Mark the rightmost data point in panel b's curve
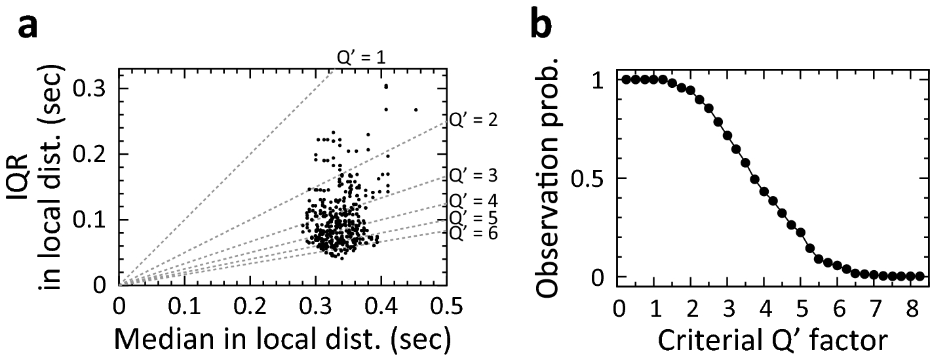click(920, 276)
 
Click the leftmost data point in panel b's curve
click(625, 79)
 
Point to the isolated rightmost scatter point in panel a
click(416, 110)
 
